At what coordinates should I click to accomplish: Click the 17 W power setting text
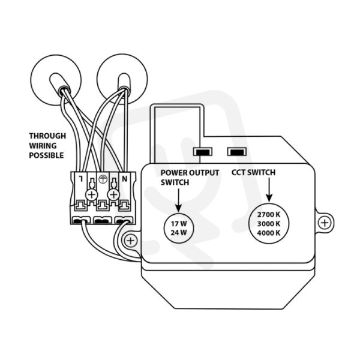pyautogui.click(x=179, y=223)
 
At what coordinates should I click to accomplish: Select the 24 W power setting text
pyautogui.click(x=179, y=233)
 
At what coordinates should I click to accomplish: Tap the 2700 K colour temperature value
pyautogui.click(x=269, y=215)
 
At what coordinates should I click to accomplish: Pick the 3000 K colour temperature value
pyautogui.click(x=269, y=224)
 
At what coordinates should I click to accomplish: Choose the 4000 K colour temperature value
pyautogui.click(x=269, y=233)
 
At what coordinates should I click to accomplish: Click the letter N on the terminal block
pyautogui.click(x=125, y=179)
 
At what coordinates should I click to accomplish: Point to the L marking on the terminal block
pyautogui.click(x=81, y=178)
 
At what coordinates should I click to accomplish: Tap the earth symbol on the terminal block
pyautogui.click(x=103, y=179)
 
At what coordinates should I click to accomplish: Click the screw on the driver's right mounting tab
pyautogui.click(x=325, y=223)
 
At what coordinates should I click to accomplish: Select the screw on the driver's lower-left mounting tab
pyautogui.click(x=130, y=241)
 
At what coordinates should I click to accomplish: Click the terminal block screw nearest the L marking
pyautogui.click(x=92, y=195)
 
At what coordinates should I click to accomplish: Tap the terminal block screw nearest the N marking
pyautogui.click(x=113, y=195)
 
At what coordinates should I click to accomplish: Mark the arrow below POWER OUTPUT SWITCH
pyautogui.click(x=179, y=200)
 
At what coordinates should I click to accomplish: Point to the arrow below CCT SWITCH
pyautogui.click(x=269, y=190)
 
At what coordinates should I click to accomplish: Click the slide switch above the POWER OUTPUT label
pyautogui.click(x=203, y=152)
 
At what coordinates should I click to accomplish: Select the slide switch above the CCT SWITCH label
pyautogui.click(x=237, y=152)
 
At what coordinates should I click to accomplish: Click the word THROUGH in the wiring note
pyautogui.click(x=47, y=136)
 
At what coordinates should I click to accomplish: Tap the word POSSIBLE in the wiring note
pyautogui.click(x=46, y=155)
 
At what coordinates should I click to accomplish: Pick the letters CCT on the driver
pyautogui.click(x=239, y=172)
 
